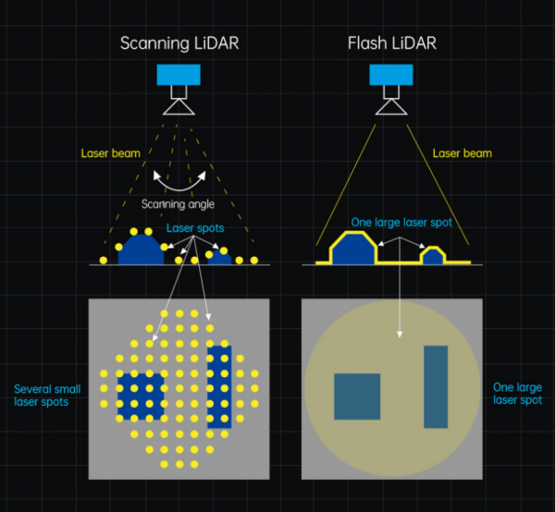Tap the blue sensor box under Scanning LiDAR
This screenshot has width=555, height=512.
[171, 75]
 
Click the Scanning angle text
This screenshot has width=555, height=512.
[178, 203]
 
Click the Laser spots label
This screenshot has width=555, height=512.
[195, 227]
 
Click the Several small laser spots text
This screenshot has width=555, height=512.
[42, 395]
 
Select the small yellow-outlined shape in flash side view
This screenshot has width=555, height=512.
[433, 255]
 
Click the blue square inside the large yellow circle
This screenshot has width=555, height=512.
[357, 396]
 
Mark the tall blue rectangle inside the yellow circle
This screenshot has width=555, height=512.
[436, 386]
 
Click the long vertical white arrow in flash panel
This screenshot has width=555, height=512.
[400, 300]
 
